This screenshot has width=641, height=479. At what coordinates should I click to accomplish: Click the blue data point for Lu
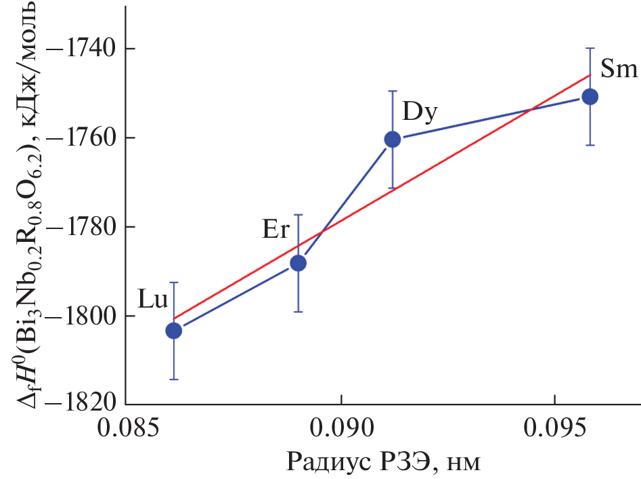174,330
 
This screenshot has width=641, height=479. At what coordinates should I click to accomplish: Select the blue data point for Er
298,263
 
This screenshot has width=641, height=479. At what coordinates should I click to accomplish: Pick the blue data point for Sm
590,96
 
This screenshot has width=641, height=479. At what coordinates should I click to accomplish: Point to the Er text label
276,230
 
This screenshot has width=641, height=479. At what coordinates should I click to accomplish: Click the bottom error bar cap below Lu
174,379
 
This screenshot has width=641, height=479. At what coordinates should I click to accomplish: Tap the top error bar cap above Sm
590,48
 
